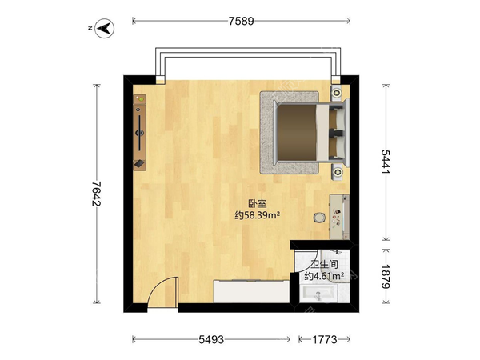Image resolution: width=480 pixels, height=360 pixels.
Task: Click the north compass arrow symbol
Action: coord(104,29)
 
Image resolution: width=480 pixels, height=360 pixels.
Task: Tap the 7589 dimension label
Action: coord(242,21)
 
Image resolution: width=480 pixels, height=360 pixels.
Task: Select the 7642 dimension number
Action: coord(97,194)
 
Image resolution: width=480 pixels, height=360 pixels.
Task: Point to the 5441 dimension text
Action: coord(386,162)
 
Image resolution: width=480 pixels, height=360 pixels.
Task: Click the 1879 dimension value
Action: coord(386,277)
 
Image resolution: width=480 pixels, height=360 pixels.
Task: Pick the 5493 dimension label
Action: coord(211,339)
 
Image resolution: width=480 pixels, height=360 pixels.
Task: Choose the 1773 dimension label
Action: coord(325,339)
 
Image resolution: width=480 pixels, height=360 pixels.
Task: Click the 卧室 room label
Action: coord(257,204)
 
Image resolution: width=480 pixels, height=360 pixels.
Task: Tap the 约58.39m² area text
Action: coord(257,215)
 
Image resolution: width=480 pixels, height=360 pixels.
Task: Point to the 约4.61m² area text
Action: coord(324,276)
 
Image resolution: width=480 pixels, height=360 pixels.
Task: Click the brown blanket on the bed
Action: coord(297,132)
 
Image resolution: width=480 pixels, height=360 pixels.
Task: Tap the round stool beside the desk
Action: coord(319,218)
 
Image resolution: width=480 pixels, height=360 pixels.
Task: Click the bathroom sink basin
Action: coord(318,294)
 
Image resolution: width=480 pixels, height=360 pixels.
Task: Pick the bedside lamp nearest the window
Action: coord(337,93)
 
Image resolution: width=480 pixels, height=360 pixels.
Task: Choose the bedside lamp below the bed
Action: coord(337,172)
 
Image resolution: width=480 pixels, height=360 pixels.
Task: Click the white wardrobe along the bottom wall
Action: coord(251,291)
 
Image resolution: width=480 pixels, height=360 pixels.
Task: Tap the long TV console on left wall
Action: coord(139,132)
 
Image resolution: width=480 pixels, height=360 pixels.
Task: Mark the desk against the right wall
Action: coord(339,217)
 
